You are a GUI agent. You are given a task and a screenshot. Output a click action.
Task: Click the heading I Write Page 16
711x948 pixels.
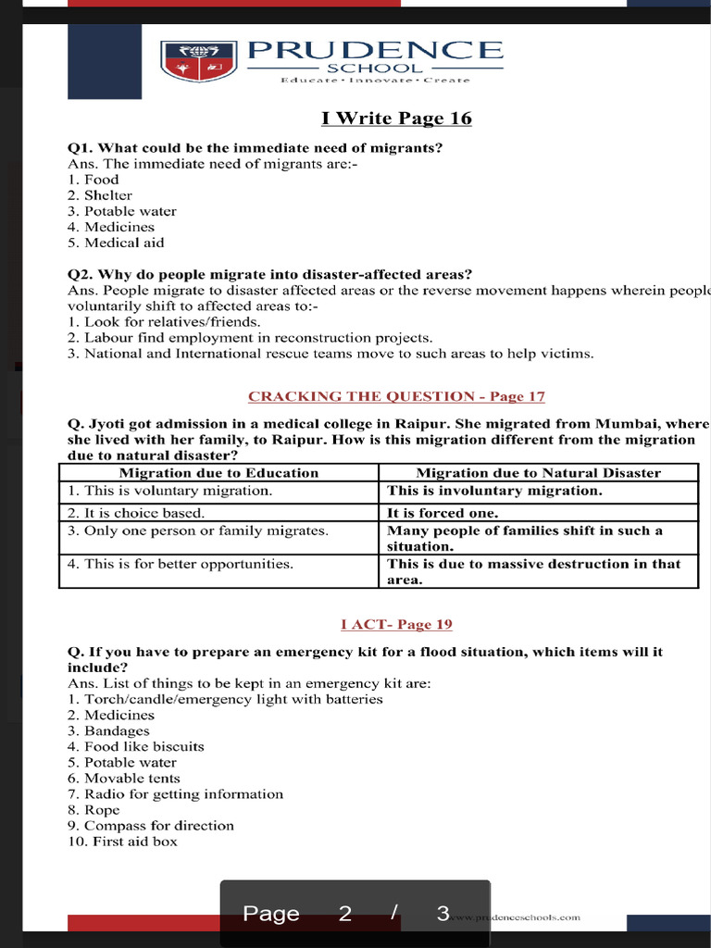396,118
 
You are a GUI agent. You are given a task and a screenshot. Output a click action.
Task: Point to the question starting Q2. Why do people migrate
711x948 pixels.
269,274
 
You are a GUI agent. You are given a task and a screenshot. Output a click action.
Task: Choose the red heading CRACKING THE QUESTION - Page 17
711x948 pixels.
396,396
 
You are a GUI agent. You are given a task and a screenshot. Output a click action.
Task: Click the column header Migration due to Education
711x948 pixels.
218,473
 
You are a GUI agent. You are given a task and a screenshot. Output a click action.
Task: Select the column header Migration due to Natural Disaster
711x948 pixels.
538,473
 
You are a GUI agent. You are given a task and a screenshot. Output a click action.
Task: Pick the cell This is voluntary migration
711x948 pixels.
169,491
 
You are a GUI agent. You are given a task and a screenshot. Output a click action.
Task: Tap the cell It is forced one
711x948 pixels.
443,513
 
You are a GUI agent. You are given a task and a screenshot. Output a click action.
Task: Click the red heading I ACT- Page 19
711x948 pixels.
396,624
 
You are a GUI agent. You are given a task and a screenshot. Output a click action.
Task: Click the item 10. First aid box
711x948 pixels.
122,842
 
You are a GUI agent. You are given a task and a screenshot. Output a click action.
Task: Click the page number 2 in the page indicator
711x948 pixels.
345,914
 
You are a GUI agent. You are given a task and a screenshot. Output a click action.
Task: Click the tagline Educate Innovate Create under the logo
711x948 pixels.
375,81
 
